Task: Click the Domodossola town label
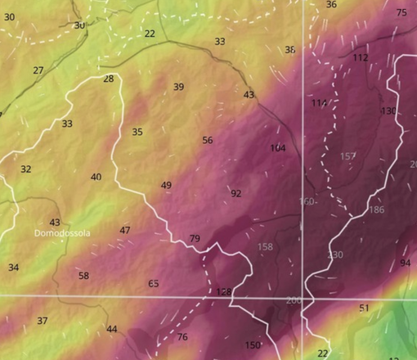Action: (x=62, y=233)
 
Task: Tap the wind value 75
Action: (x=401, y=12)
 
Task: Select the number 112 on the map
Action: (x=360, y=58)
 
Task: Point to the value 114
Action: (x=319, y=102)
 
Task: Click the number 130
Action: (x=388, y=110)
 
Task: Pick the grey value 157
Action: (x=348, y=156)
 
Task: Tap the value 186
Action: (x=376, y=210)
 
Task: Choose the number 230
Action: (x=335, y=255)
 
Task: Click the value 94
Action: (x=406, y=263)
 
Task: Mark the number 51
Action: (x=365, y=308)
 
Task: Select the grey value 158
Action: (x=265, y=247)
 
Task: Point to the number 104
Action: (x=278, y=148)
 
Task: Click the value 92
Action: (x=236, y=194)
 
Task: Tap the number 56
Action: (x=208, y=141)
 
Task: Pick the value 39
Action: (x=179, y=88)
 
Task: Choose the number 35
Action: (x=137, y=133)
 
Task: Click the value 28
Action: (x=109, y=79)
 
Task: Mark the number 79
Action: (x=195, y=239)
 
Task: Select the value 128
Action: (x=225, y=292)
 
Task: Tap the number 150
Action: (x=253, y=345)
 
